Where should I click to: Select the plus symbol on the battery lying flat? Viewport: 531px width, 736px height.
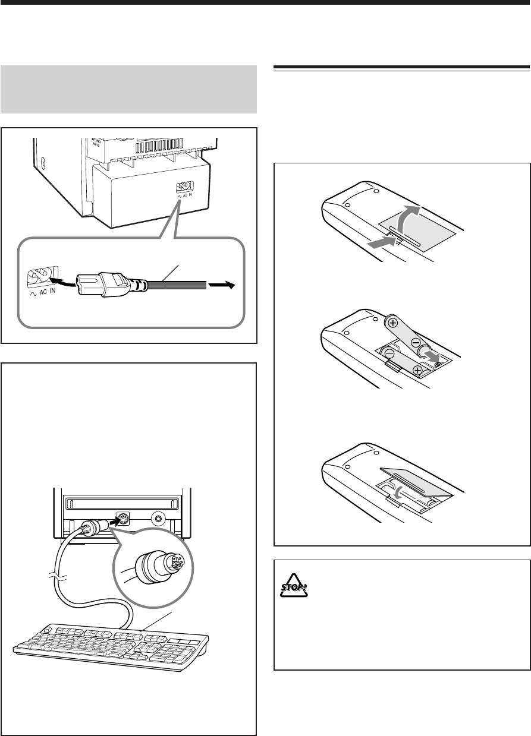pyautogui.click(x=417, y=371)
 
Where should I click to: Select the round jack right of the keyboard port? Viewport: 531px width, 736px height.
pyautogui.click(x=158, y=518)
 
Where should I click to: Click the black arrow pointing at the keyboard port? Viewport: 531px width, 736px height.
pyautogui.click(x=111, y=521)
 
